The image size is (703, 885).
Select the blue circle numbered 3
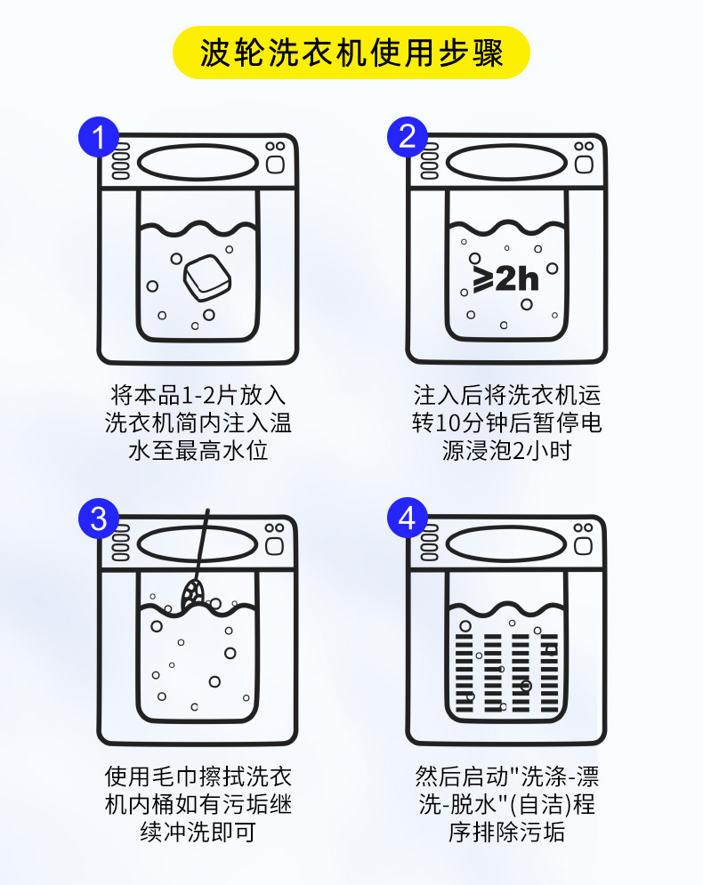coord(99,519)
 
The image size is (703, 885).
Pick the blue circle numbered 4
coord(408,519)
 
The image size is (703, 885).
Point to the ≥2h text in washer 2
coord(505,278)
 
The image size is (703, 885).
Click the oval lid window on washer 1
coord(196,163)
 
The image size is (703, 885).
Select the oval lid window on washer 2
coord(505,163)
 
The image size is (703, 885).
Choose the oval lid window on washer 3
coord(196,543)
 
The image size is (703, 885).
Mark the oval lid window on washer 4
coord(505,543)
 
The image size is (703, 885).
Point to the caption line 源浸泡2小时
coord(506,450)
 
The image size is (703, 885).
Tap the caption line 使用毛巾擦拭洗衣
coord(198,776)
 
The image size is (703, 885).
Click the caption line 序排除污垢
coord(506,833)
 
